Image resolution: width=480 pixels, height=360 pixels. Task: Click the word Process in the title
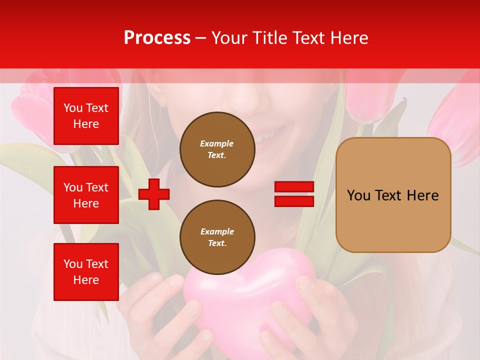coord(157,38)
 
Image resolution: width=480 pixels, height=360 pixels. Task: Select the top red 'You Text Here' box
coord(86,116)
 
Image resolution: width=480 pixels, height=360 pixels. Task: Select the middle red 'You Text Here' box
coord(86,195)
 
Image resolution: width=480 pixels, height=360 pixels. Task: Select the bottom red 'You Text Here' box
coord(86,271)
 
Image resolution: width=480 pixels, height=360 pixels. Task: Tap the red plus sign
coord(154,194)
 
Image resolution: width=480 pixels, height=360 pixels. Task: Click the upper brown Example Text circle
coord(217,149)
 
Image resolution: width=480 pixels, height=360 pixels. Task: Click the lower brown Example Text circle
coord(217,237)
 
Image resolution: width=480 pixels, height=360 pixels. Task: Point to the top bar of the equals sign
coord(294,187)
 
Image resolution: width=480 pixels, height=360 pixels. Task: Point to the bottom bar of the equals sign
coord(294,201)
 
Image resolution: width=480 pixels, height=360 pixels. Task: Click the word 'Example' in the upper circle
coord(216,143)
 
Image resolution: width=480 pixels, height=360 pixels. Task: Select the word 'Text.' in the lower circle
coord(217,243)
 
